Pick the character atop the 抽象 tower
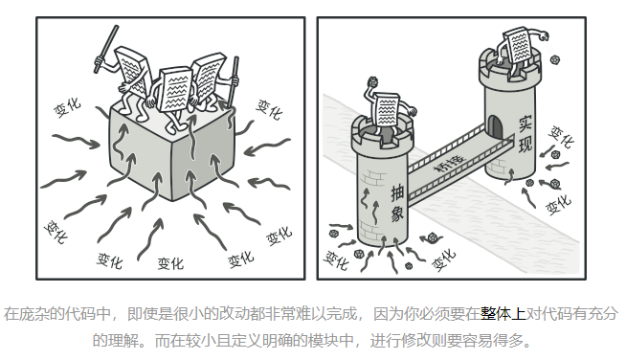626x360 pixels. (x=387, y=110)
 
